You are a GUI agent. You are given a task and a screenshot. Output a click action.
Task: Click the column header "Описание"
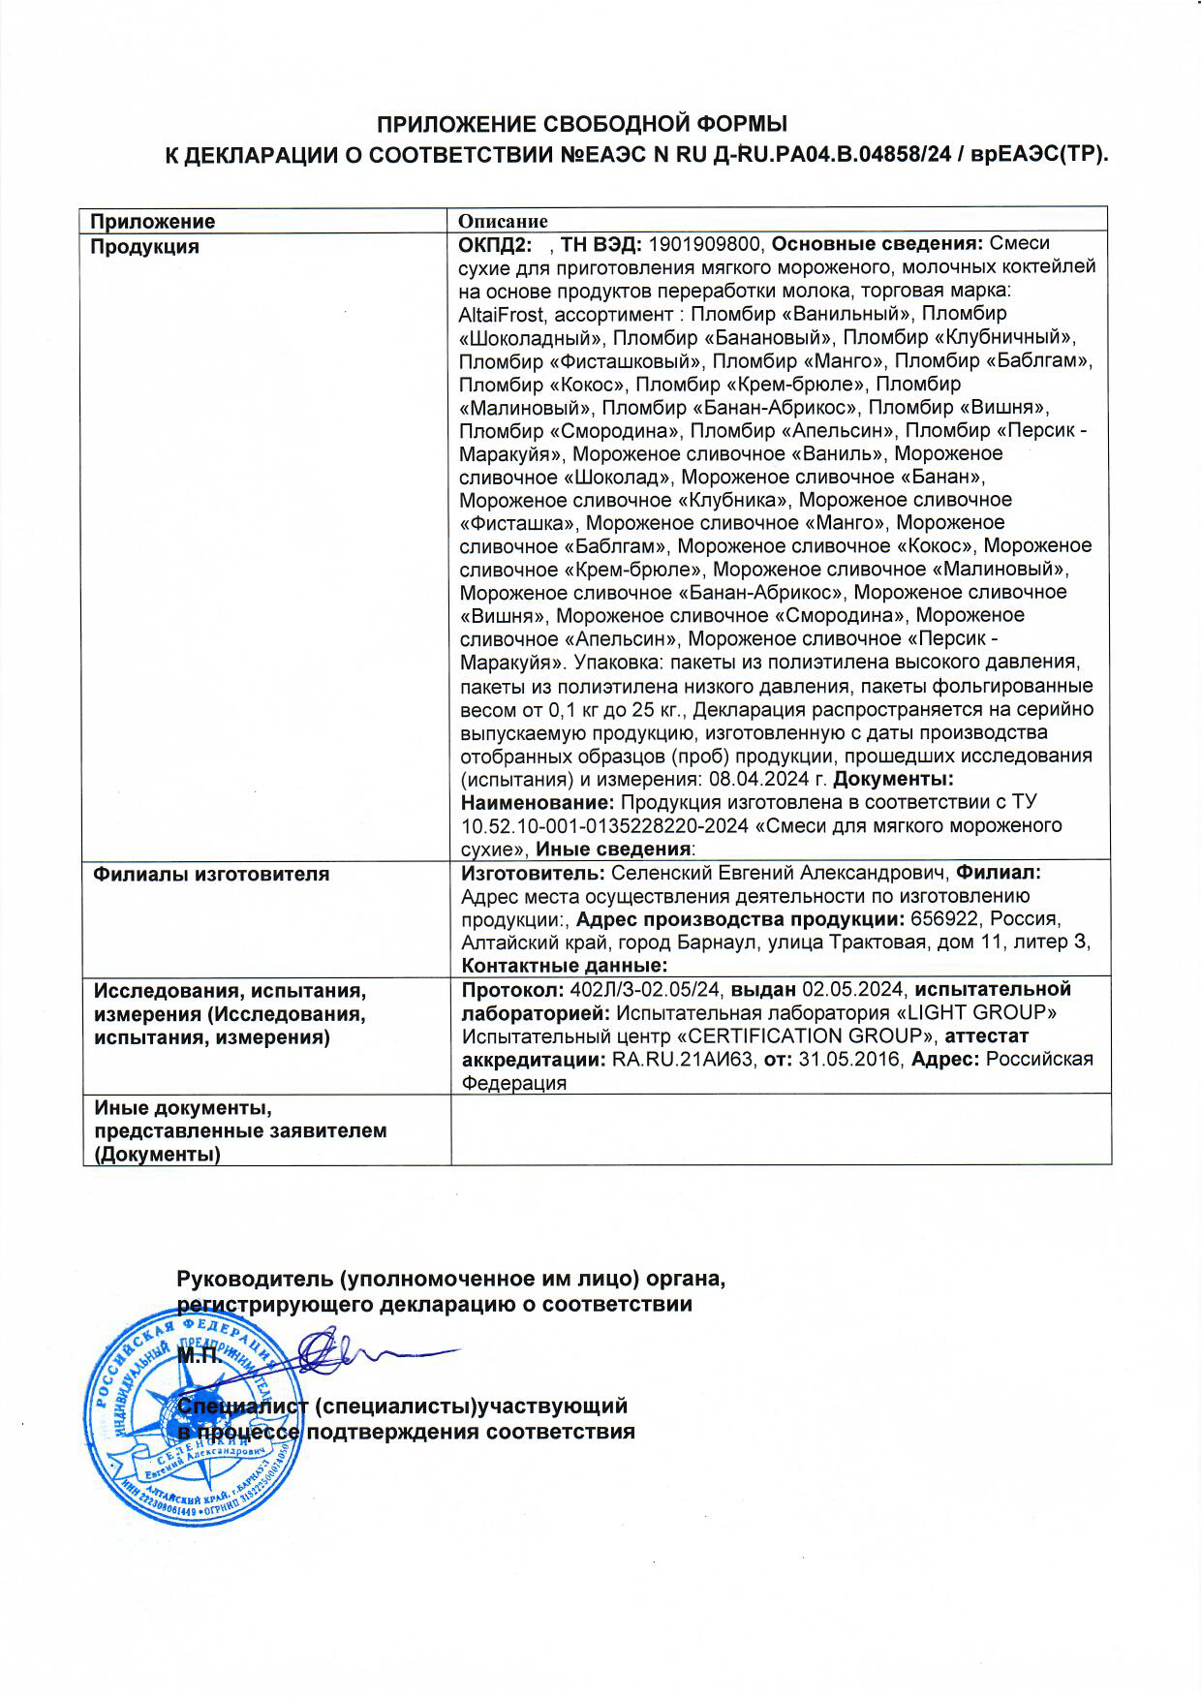click(503, 222)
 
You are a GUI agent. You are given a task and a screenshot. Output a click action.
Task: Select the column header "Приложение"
click(152, 222)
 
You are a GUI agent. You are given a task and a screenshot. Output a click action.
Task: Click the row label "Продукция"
click(144, 246)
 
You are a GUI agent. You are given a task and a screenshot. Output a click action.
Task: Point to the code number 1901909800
click(705, 244)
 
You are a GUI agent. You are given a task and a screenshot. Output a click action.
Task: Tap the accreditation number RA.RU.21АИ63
click(684, 1059)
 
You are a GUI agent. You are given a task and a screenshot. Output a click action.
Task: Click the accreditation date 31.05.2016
click(850, 1059)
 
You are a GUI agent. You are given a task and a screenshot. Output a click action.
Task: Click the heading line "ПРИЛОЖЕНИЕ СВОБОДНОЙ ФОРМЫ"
click(581, 124)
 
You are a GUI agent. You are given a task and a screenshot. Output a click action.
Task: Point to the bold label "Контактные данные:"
click(565, 966)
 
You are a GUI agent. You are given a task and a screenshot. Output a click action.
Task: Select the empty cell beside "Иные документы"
click(780, 1128)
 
